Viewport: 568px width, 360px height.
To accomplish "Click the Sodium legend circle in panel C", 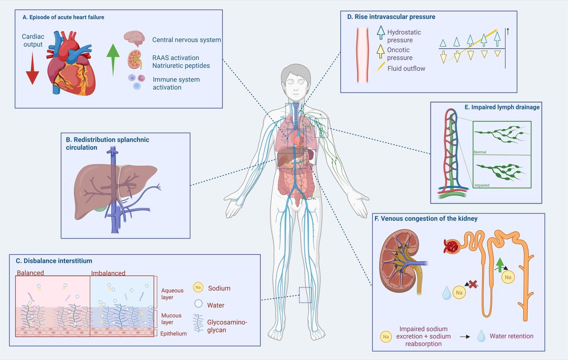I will click(199, 288).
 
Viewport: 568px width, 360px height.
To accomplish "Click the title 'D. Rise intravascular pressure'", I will click(391, 17).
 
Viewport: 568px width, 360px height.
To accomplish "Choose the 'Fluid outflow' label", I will click(406, 69).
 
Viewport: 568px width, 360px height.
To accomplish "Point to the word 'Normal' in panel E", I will click(479, 153).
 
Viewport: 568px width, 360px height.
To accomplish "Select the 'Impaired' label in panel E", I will click(481, 186).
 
